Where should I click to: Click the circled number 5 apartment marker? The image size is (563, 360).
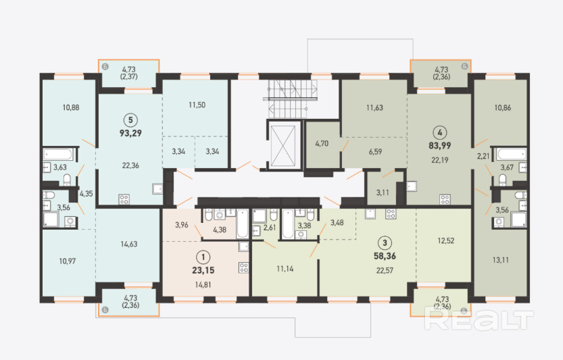pyautogui.click(x=130, y=120)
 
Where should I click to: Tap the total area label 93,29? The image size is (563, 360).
pyautogui.click(x=130, y=133)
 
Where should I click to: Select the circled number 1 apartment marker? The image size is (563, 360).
pyautogui.click(x=203, y=257)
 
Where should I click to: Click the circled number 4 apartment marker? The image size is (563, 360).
pyautogui.click(x=440, y=132)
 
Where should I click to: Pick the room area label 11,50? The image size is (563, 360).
pyautogui.click(x=197, y=105)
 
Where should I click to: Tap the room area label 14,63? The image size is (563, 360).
pyautogui.click(x=129, y=244)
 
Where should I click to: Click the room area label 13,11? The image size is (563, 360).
pyautogui.click(x=501, y=260)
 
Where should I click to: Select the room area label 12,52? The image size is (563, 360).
pyautogui.click(x=446, y=240)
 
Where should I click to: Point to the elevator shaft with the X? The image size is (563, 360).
pyautogui.click(x=283, y=146)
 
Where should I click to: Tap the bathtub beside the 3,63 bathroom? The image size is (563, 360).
pyautogui.click(x=58, y=155)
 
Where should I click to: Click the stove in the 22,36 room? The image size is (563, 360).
pyautogui.click(x=124, y=199)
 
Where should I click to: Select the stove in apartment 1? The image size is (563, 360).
pyautogui.click(x=244, y=267)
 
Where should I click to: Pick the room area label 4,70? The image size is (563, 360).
pyautogui.click(x=322, y=144)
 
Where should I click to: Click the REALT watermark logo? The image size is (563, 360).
pyautogui.click(x=479, y=319)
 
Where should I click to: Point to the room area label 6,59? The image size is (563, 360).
pyautogui.click(x=375, y=152)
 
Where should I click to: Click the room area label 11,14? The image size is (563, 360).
pyautogui.click(x=285, y=268)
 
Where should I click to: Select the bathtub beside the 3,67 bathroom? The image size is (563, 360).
pyautogui.click(x=511, y=155)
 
